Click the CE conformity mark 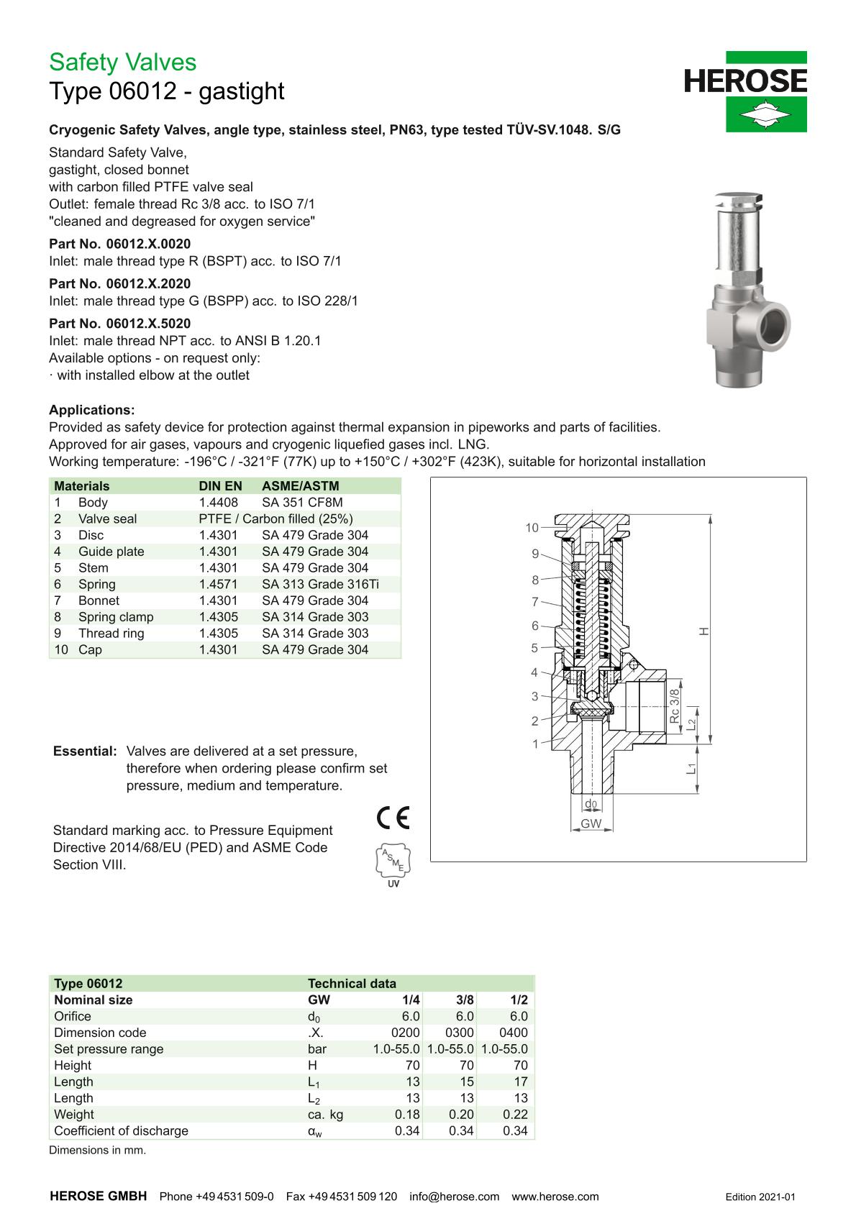pos(393,818)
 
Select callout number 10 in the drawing pos(532,528)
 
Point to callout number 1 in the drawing pos(535,744)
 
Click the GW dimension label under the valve pos(591,823)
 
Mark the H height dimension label pos(704,631)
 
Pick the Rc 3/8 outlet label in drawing pos(674,706)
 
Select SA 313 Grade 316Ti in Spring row pos(320,584)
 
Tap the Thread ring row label pos(111,633)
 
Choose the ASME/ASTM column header pos(300,485)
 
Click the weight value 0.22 pos(515,1114)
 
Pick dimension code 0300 pos(460,1032)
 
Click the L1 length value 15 pos(467,1082)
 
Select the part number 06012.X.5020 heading pos(119,324)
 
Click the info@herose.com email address pos(454,1197)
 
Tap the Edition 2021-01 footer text pos(760,1197)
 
